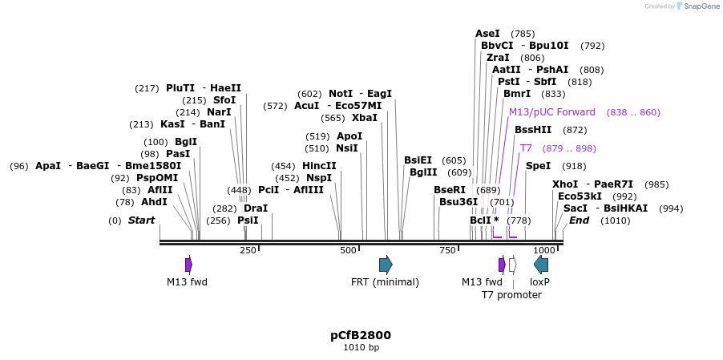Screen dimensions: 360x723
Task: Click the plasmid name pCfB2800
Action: pyautogui.click(x=361, y=334)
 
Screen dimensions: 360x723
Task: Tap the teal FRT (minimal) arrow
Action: pyautogui.click(x=386, y=265)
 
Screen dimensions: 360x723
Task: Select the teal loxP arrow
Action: pyautogui.click(x=541, y=265)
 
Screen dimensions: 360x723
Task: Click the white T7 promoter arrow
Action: pyautogui.click(x=512, y=265)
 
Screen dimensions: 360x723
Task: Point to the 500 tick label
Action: pyautogui.click(x=347, y=251)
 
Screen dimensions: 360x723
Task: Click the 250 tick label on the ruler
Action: pyautogui.click(x=248, y=251)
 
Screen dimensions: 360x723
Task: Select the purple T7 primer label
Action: pyautogui.click(x=526, y=148)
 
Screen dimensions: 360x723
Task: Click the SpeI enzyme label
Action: pyautogui.click(x=538, y=166)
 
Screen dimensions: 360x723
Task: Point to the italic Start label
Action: pyautogui.click(x=141, y=220)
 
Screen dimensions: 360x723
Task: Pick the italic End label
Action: pyautogui.click(x=579, y=220)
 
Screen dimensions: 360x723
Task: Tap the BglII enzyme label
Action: pyautogui.click(x=423, y=172)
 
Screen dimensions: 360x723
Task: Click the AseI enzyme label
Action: pyautogui.click(x=487, y=34)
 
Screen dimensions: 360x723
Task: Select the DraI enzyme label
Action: pyautogui.click(x=256, y=208)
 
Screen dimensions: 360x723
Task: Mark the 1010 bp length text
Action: pyautogui.click(x=361, y=348)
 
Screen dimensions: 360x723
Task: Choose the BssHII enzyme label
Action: pyautogui.click(x=533, y=130)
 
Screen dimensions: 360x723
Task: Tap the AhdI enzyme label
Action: pyautogui.click(x=154, y=202)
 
